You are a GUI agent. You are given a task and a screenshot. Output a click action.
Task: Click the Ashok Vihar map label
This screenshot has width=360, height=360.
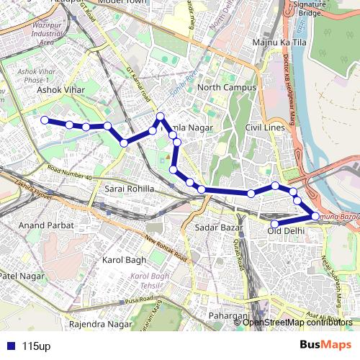coord(60,90)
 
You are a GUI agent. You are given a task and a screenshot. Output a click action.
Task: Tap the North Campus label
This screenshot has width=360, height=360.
coord(227,88)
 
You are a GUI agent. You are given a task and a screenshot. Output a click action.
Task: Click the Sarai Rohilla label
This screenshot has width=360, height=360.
coord(130,188)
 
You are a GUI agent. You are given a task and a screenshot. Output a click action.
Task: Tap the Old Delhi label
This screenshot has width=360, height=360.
coord(286,230)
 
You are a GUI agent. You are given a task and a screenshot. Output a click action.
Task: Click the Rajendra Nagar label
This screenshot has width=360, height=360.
coord(100,324)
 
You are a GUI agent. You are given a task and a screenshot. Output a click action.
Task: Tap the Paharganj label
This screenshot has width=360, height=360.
coord(228,316)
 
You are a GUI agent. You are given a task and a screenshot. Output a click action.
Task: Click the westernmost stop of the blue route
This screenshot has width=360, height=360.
coord(45,120)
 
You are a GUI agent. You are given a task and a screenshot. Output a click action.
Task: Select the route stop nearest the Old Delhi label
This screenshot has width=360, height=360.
coord(274,224)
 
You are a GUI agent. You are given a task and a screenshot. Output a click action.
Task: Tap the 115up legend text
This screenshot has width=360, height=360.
coord(36,346)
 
